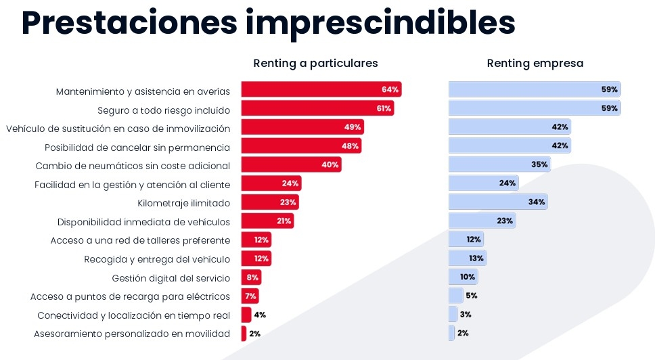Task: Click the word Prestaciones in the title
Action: point(129,23)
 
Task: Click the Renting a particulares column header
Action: point(315,63)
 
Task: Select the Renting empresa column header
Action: point(535,63)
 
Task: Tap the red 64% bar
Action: point(321,89)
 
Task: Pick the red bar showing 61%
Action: point(317,108)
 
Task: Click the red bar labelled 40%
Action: point(291,164)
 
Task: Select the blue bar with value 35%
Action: point(499,164)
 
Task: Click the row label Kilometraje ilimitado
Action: point(183,202)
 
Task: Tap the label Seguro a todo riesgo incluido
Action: point(164,110)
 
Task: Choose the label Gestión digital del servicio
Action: point(171,278)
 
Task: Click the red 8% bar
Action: point(251,277)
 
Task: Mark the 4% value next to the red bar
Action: point(260,315)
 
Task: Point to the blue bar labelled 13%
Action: point(467,258)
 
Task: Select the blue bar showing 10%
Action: point(463,277)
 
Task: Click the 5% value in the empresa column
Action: point(472,296)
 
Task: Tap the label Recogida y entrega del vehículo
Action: point(157,259)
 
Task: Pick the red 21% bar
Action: point(267,221)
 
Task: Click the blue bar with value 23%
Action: point(481,221)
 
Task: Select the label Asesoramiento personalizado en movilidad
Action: point(132,334)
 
